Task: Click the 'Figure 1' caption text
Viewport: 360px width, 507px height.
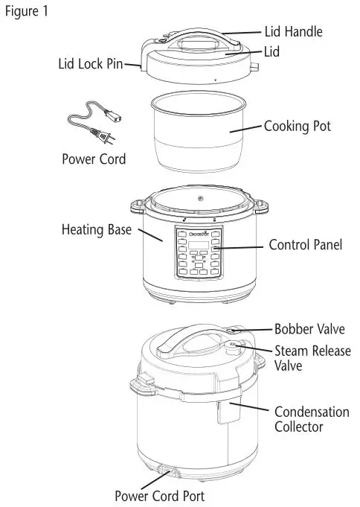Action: coord(28,13)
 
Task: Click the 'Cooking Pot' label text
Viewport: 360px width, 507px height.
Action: coord(298,127)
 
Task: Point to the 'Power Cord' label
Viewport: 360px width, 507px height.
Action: coord(93,159)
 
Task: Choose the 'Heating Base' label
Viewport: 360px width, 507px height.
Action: coord(96,229)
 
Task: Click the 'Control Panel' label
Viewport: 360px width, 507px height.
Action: coord(304,245)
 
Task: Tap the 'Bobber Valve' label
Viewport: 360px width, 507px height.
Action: coord(309,328)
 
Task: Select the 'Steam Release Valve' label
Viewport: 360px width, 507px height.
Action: coord(312,358)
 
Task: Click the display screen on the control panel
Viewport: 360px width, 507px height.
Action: coord(197,246)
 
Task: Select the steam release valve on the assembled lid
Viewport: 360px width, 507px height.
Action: coord(236,345)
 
